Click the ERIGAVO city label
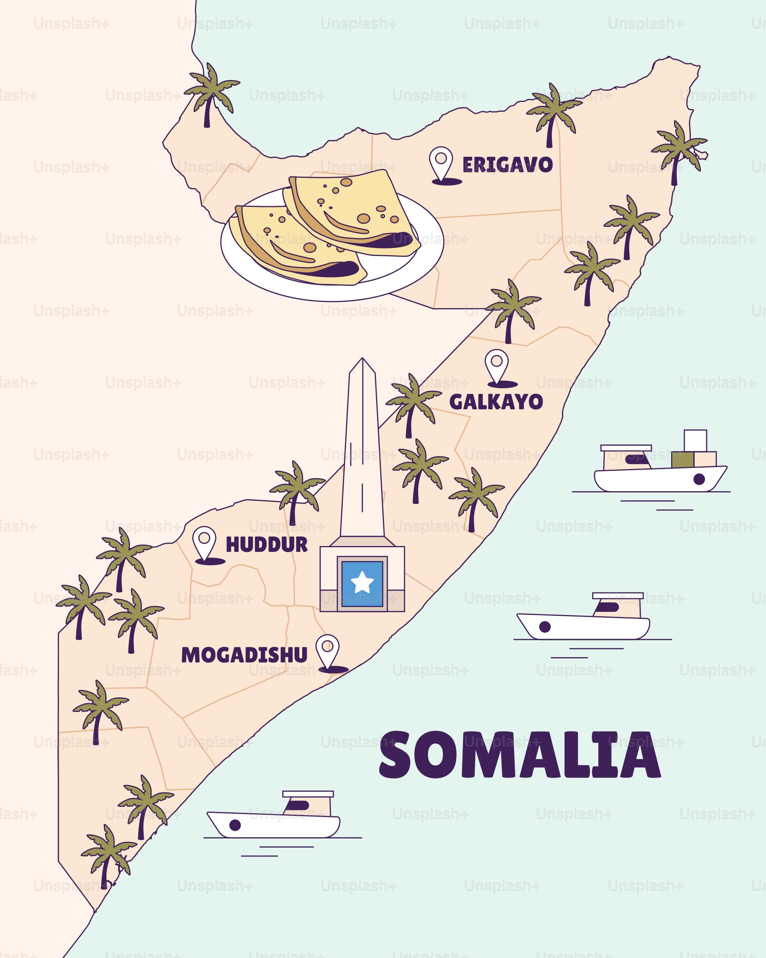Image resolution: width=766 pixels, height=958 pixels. pyautogui.click(x=507, y=165)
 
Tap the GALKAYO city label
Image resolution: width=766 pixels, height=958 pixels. pyautogui.click(x=496, y=402)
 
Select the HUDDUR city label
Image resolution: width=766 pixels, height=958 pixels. pyautogui.click(x=267, y=545)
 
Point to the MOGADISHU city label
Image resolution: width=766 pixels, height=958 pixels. pyautogui.click(x=244, y=655)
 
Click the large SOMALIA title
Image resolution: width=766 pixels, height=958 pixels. pyautogui.click(x=520, y=755)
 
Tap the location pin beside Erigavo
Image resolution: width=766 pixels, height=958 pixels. pyautogui.click(x=441, y=163)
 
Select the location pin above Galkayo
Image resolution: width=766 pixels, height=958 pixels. pyautogui.click(x=496, y=365)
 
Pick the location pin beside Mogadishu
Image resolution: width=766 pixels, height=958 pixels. pyautogui.click(x=328, y=651)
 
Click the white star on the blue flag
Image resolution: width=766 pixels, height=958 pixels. pyautogui.click(x=362, y=582)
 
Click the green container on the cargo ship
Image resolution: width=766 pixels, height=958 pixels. pyautogui.click(x=683, y=459)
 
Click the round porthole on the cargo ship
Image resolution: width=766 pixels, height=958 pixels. pyautogui.click(x=699, y=479)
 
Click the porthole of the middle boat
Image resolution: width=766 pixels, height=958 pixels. pyautogui.click(x=545, y=627)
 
